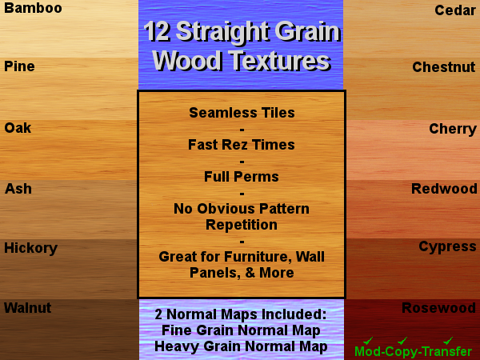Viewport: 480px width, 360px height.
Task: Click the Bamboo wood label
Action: [33, 9]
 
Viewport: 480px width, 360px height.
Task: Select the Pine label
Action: [20, 66]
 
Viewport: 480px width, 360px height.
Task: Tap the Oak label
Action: [18, 128]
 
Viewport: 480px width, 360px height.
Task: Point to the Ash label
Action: [18, 190]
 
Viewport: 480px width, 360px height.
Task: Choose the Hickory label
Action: [30, 248]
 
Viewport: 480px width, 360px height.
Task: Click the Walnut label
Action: [28, 308]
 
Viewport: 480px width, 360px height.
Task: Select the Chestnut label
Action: [444, 67]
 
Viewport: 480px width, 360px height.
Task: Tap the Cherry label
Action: [453, 129]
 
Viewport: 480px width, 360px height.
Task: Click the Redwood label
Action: [444, 189]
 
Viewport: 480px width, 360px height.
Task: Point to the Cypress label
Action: [447, 246]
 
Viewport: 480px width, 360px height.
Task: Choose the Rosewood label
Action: [438, 308]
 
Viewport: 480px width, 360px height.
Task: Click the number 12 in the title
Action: [156, 33]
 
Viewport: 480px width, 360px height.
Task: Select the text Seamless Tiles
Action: [242, 113]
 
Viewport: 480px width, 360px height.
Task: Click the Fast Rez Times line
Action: [242, 145]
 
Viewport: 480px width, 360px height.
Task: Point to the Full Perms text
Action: [242, 177]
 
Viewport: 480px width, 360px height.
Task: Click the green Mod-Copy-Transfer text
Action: [413, 351]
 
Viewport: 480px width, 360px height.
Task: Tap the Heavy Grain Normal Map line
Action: [241, 346]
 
